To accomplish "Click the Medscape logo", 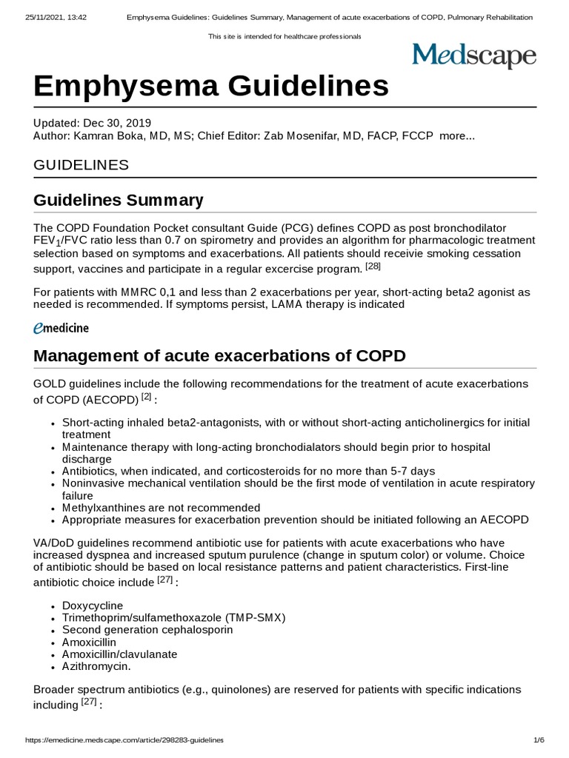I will pos(473,56).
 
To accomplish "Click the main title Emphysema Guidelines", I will pos(211,87).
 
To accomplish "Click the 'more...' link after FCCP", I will pos(457,136).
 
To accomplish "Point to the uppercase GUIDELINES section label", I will pos(81,164).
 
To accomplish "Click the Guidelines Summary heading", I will pos(119,200).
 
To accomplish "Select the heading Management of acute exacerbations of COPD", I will pos(220,355).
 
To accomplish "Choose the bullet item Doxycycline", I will pos(93,606).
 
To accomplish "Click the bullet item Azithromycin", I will pos(96,666).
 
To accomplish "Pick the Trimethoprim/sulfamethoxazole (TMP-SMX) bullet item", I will pos(173,617).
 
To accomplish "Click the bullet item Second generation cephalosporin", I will pos(147,630).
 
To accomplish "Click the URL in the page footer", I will pos(124,740).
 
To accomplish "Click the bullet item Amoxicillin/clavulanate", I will pos(120,654).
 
